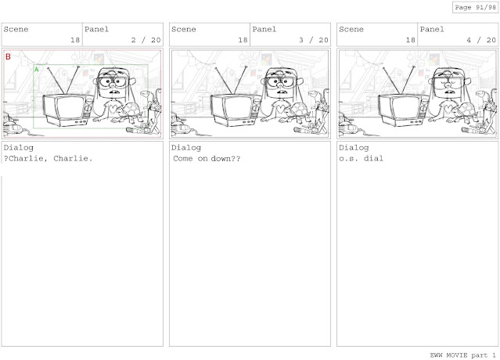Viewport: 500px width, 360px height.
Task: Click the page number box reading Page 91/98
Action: click(x=475, y=7)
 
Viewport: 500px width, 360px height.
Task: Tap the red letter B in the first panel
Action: click(x=8, y=57)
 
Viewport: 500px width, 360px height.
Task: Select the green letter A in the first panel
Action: click(x=36, y=70)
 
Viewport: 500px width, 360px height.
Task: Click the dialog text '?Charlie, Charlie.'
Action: click(x=48, y=158)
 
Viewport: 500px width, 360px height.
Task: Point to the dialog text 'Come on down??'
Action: click(x=207, y=158)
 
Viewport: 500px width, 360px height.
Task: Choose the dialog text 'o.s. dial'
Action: click(x=361, y=158)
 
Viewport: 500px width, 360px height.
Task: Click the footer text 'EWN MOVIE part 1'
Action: click(x=463, y=355)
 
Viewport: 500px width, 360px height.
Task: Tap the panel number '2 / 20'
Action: click(x=146, y=40)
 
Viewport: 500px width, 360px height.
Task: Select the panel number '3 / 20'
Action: click(x=314, y=40)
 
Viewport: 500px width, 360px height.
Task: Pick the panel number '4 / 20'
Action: click(x=481, y=40)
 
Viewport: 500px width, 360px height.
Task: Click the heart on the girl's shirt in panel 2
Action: click(x=280, y=109)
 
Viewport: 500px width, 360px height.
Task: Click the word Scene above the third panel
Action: click(x=351, y=29)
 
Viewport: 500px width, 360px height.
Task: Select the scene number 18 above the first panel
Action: click(x=75, y=40)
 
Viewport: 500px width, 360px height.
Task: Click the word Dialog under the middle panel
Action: click(x=186, y=148)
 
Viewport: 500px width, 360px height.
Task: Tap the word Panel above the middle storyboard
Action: click(x=264, y=29)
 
